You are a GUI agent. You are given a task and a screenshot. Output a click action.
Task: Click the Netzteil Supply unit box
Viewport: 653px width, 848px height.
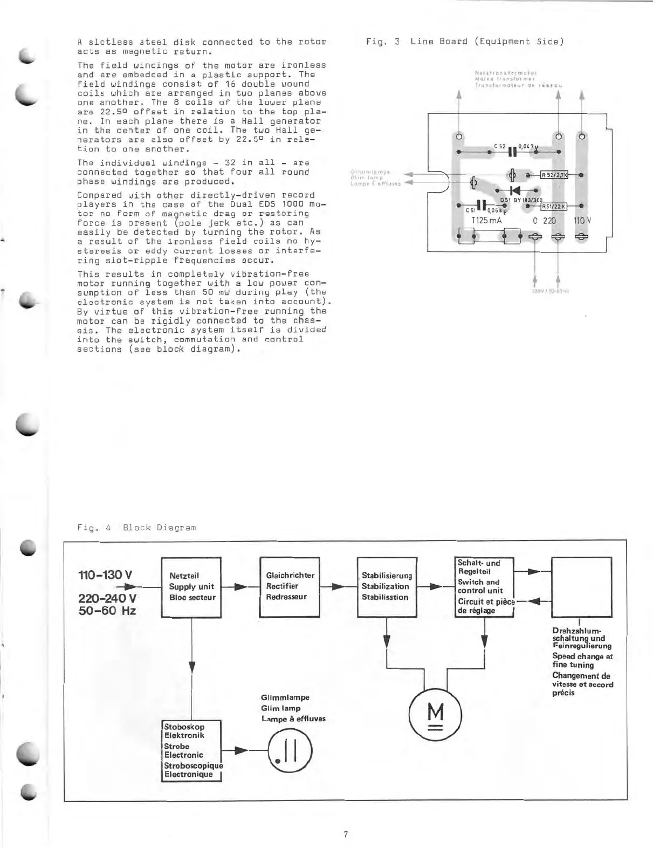pyautogui.click(x=191, y=587)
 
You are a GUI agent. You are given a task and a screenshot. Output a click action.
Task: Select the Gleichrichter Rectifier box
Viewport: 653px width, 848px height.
pyautogui.click(x=290, y=586)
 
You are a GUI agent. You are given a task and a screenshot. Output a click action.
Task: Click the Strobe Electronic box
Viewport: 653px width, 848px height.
pyautogui.click(x=192, y=750)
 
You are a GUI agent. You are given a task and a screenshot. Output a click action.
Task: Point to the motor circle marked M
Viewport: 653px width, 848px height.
pyautogui.click(x=436, y=716)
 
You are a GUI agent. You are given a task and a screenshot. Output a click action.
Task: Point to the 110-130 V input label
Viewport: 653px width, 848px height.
pyautogui.click(x=105, y=574)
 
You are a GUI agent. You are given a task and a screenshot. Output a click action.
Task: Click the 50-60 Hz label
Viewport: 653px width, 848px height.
pyautogui.click(x=107, y=611)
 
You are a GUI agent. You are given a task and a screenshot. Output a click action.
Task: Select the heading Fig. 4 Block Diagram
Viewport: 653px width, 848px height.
pyautogui.click(x=136, y=527)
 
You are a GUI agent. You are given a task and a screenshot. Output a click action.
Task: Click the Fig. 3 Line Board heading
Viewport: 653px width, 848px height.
pyautogui.click(x=464, y=42)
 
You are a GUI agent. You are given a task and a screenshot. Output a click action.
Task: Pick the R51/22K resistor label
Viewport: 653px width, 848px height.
pyautogui.click(x=553, y=206)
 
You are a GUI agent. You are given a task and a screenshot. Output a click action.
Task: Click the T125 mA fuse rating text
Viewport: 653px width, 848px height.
pyautogui.click(x=486, y=220)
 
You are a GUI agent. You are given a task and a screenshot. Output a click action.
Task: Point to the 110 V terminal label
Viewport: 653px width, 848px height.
pyautogui.click(x=582, y=220)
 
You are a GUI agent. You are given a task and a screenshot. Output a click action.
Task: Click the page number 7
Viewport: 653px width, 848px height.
pyautogui.click(x=346, y=834)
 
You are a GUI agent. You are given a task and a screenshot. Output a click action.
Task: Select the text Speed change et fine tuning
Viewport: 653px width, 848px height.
pyautogui.click(x=582, y=661)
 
